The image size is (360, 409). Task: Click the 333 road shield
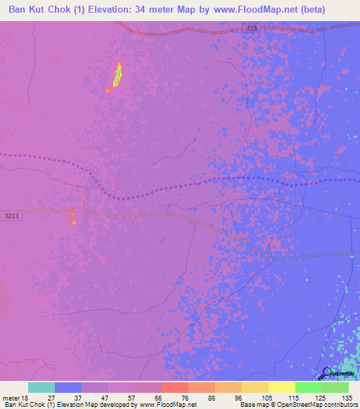pos(252,28)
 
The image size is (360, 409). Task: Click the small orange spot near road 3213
pos(73,220)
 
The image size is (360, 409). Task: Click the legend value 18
pos(27,397)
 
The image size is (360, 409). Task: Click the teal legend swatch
pos(41,387)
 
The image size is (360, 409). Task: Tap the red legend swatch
pos(174,387)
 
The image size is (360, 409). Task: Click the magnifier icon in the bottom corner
pos(326,374)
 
